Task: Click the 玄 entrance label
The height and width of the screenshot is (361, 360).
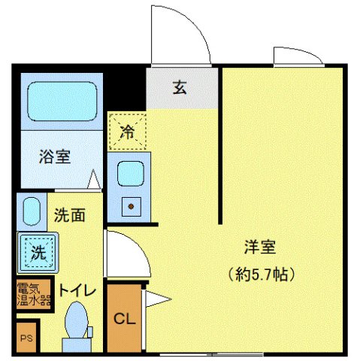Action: point(180,88)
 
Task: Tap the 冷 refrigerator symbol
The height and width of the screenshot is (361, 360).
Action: point(127,132)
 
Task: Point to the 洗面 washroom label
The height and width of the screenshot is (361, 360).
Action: point(68,214)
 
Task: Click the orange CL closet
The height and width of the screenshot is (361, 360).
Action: point(124,317)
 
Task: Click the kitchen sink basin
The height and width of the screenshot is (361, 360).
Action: point(131,174)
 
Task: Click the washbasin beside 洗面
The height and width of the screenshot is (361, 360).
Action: point(31,211)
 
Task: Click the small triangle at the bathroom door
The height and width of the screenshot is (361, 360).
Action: point(93,180)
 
